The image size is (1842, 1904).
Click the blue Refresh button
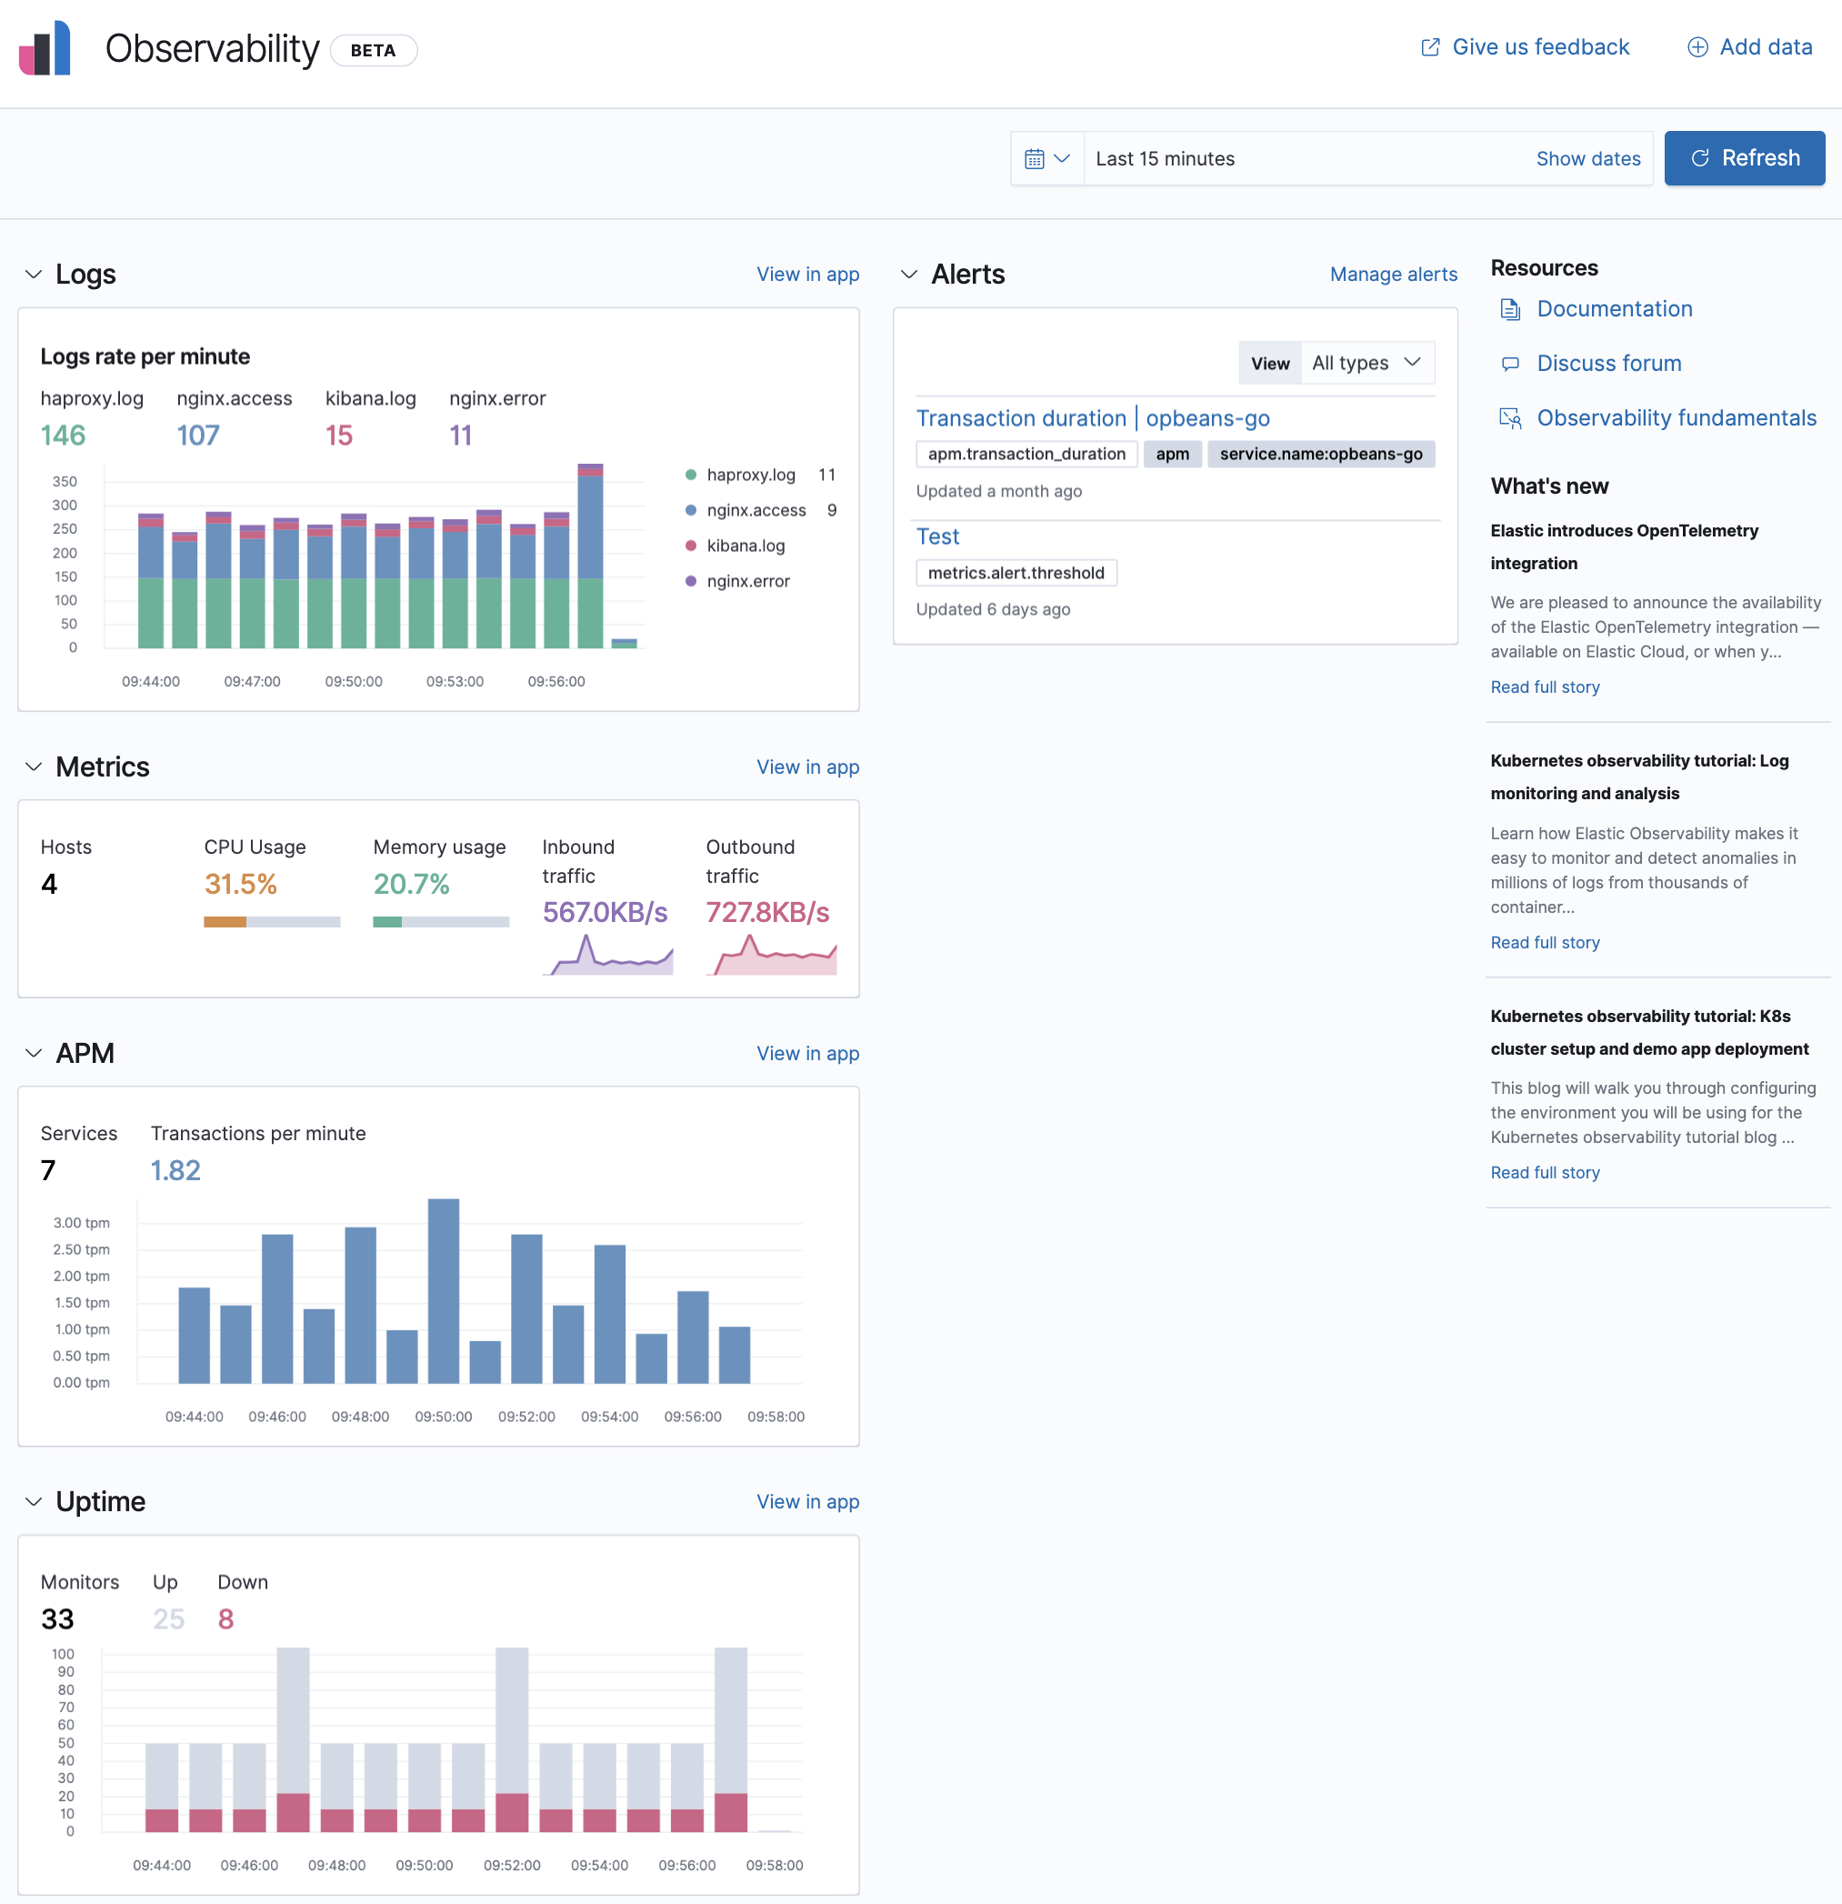[1744, 158]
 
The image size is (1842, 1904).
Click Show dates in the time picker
[1587, 159]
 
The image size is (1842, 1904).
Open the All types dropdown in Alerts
[1366, 364]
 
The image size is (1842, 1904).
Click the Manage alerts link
[1392, 275]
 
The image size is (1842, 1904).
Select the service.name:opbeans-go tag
[1320, 455]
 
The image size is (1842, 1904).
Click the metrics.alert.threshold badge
[1016, 573]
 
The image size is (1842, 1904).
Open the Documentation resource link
[1614, 309]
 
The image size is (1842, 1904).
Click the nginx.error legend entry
[747, 582]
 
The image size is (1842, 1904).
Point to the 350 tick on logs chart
[65, 482]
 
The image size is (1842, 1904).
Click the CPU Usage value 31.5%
[240, 884]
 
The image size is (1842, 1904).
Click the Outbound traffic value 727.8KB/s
[766, 913]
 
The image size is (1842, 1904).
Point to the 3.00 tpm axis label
[82, 1223]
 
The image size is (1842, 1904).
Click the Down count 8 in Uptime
[225, 1619]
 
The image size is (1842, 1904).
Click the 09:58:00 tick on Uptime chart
[775, 1865]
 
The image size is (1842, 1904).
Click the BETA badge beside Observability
[373, 51]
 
